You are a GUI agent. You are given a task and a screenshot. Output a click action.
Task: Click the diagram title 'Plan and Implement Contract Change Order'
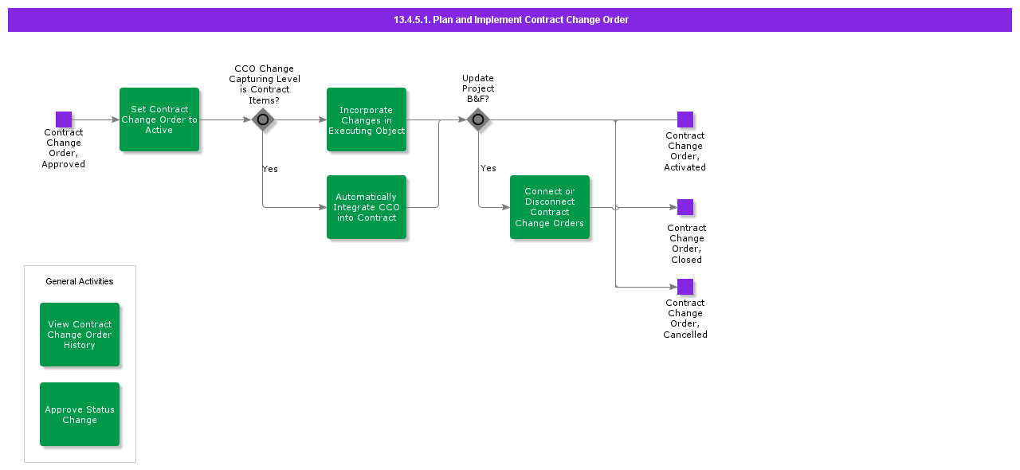tap(510, 20)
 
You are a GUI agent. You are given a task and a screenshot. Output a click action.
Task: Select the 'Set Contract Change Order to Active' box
tap(159, 119)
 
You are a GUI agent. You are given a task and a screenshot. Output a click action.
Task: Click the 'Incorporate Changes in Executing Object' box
tap(367, 119)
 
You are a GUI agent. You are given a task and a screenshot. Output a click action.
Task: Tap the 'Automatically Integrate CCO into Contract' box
tap(367, 207)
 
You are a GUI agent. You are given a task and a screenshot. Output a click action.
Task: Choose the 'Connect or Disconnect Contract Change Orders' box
tap(550, 207)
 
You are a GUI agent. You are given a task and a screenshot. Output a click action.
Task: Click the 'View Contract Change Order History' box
tap(80, 335)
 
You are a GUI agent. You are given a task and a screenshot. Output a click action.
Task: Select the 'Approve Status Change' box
tap(80, 414)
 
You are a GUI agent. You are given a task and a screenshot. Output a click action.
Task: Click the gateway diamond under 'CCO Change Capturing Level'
tap(263, 120)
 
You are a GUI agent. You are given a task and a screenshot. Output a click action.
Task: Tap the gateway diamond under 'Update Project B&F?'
tap(478, 120)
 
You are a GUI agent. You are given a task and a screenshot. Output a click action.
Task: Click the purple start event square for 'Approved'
tap(64, 119)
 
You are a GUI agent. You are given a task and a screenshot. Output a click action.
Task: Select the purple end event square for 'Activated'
tap(685, 119)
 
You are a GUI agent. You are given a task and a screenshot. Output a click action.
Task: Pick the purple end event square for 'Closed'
tap(685, 207)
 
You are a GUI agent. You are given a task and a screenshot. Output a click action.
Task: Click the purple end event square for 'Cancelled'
tap(685, 287)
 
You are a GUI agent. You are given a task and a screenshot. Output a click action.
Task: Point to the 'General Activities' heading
tap(80, 281)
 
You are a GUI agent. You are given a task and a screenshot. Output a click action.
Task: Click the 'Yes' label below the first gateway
tap(270, 169)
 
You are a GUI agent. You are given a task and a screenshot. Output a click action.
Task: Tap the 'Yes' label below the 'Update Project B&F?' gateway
tap(488, 168)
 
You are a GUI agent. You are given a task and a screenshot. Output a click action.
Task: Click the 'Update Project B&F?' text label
tap(478, 88)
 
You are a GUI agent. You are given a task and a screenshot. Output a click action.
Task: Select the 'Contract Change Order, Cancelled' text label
tap(685, 319)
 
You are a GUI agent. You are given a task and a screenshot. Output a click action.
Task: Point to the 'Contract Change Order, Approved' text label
tap(64, 148)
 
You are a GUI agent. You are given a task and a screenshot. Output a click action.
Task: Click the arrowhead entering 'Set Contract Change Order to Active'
tap(116, 120)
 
